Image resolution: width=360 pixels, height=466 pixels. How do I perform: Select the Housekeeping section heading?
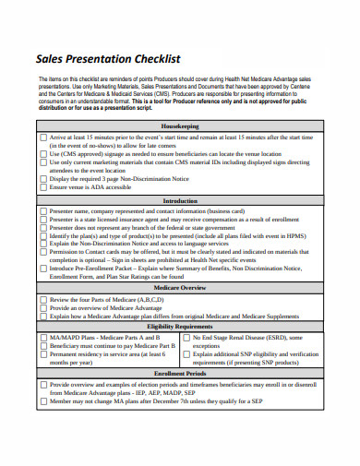coord(180,125)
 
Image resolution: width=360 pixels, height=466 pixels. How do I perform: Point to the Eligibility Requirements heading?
coord(180,328)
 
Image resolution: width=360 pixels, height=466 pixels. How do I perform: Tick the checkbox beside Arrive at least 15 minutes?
coord(43,137)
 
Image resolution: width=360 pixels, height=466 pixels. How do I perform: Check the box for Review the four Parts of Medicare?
coord(43,301)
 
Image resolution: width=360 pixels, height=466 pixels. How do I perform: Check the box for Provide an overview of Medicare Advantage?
coord(43,309)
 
